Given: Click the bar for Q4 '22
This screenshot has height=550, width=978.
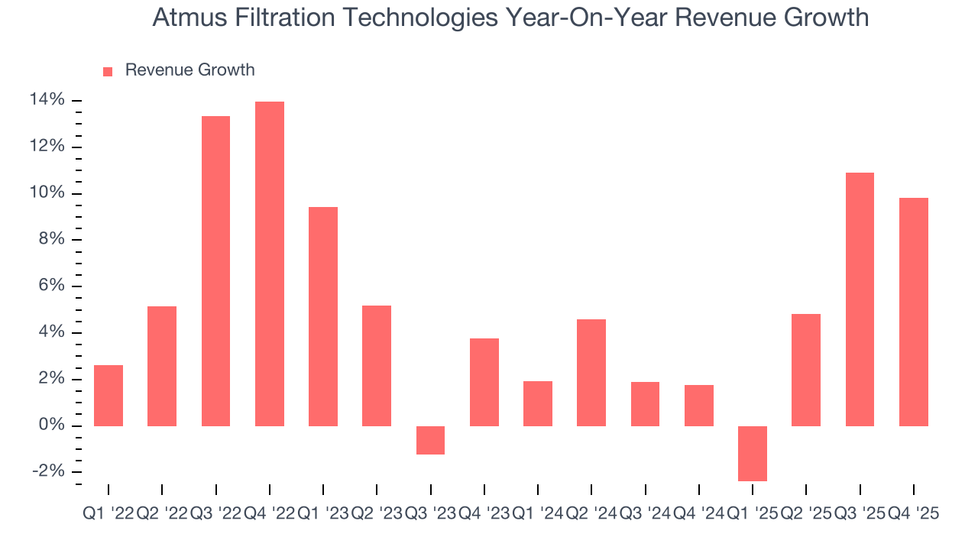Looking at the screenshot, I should click(269, 264).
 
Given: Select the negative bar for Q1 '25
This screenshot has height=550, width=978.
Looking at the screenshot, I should click(752, 453).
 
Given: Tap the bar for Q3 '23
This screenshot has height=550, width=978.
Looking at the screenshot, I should click(430, 440).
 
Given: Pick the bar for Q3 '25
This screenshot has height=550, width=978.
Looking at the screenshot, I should click(860, 299).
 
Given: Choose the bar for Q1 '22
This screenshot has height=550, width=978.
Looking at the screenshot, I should click(108, 395).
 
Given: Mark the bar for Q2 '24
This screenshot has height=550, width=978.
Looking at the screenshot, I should click(591, 372).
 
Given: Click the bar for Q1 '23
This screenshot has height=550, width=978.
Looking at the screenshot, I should click(323, 316).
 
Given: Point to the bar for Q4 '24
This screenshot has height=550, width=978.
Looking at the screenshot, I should click(698, 405).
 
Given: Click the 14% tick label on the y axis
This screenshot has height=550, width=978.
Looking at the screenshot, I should click(47, 100).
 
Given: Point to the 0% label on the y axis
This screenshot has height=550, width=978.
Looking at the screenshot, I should click(51, 425).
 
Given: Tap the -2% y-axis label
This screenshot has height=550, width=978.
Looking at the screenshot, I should click(48, 471).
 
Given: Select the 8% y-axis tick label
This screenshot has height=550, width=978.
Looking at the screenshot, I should click(51, 240).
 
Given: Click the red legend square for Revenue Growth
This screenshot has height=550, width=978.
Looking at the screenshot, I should click(108, 71).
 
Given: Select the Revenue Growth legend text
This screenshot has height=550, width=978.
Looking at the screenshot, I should click(189, 70).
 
